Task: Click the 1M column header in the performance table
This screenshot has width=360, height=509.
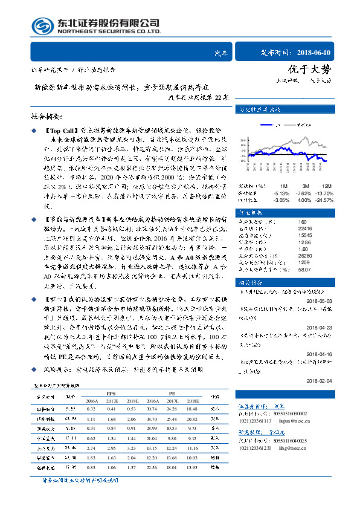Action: pos(283,185)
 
